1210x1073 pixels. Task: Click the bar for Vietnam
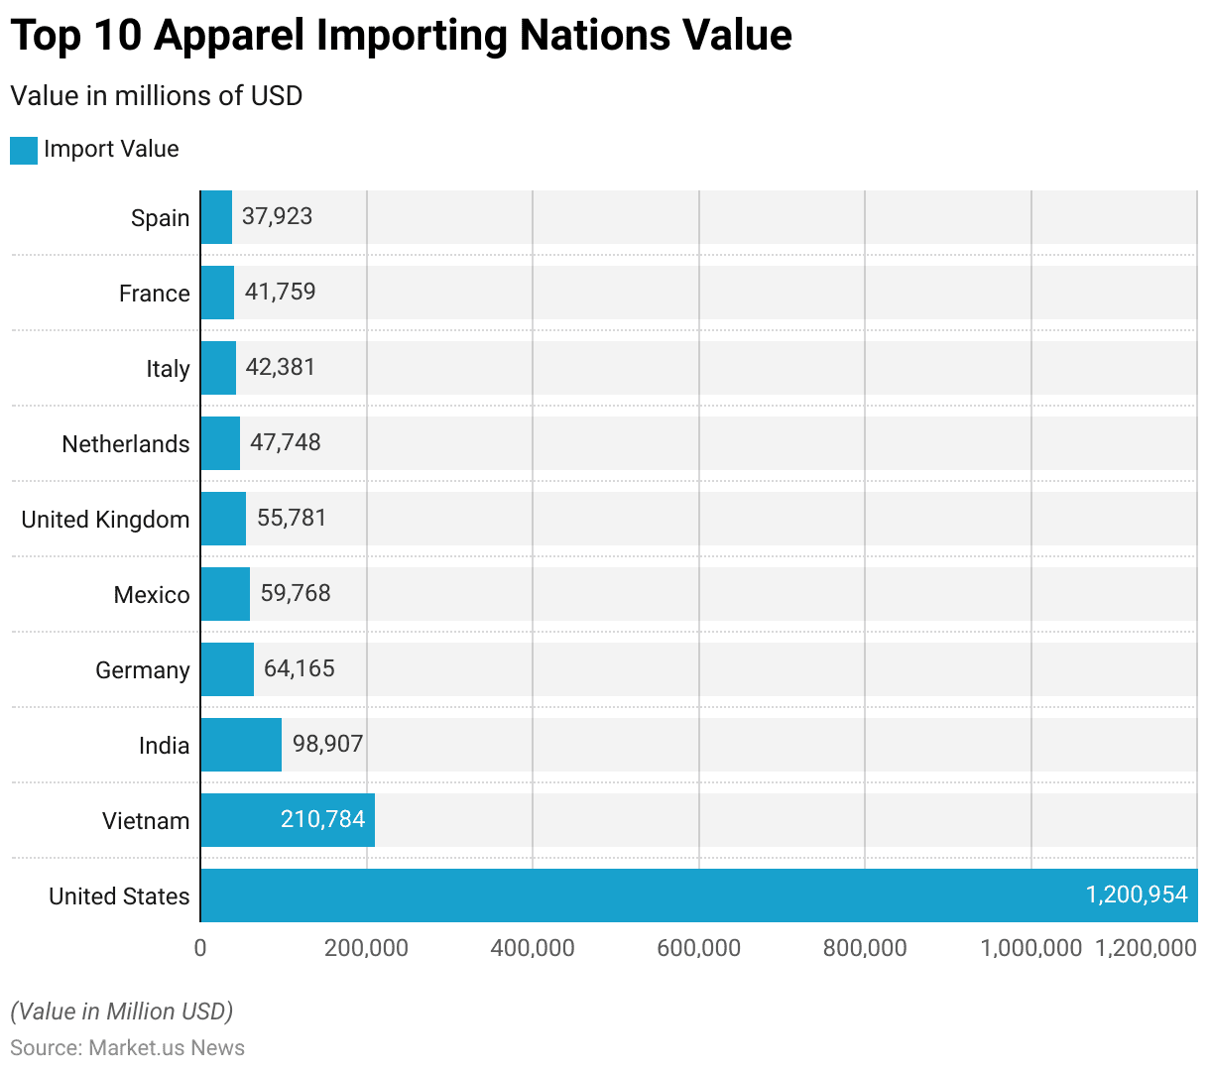coord(288,820)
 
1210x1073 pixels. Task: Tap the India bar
coord(241,745)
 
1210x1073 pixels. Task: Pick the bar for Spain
coord(216,217)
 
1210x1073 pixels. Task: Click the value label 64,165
coord(300,668)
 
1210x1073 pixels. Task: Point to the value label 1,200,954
coord(1137,894)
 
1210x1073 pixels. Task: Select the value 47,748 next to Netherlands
coord(286,442)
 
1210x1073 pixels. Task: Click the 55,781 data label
coord(292,518)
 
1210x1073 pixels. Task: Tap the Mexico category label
coord(152,595)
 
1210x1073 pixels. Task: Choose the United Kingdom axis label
coord(105,520)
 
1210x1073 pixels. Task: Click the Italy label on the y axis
coord(168,369)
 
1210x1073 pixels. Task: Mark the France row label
coord(154,294)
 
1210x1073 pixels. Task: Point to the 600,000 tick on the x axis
coord(698,948)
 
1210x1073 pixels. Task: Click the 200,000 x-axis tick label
coord(366,948)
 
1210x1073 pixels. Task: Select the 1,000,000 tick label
coord(1030,948)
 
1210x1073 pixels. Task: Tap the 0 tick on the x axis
coord(200,948)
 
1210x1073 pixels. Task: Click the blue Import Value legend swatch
coord(24,150)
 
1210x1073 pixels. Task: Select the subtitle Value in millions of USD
coord(156,96)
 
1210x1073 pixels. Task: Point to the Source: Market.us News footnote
coord(127,1048)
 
